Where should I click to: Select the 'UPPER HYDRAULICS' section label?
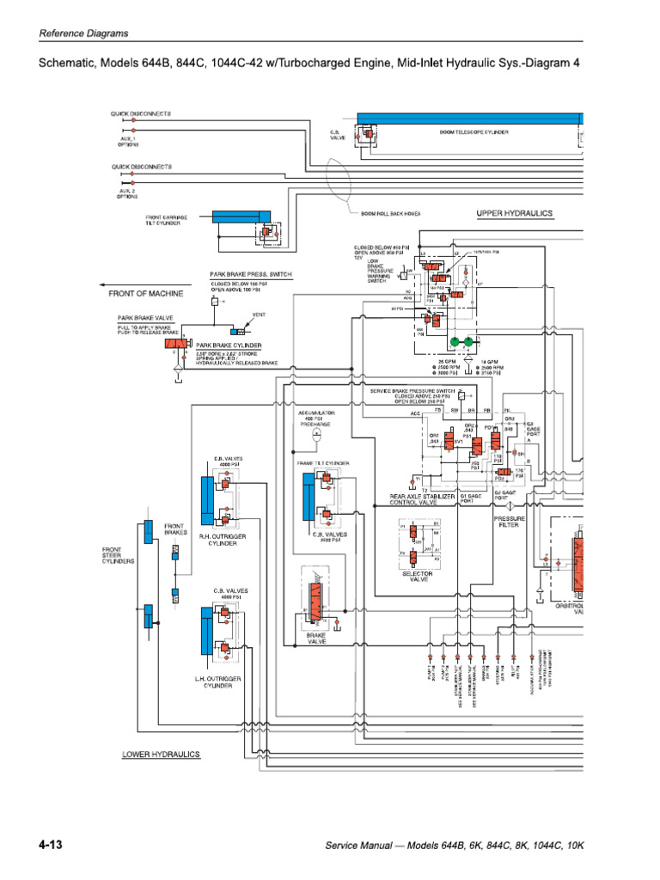pos(514,212)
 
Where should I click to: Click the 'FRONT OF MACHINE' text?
pos(146,293)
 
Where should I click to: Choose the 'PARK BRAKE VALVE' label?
pos(145,317)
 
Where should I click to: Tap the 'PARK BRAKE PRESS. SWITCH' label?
pos(251,274)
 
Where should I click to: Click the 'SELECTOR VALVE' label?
pos(417,577)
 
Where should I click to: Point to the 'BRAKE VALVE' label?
pos(320,638)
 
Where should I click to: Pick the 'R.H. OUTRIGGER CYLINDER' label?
pos(218,539)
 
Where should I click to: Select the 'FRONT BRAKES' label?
pos(174,529)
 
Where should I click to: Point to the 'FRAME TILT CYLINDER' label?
pos(323,463)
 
